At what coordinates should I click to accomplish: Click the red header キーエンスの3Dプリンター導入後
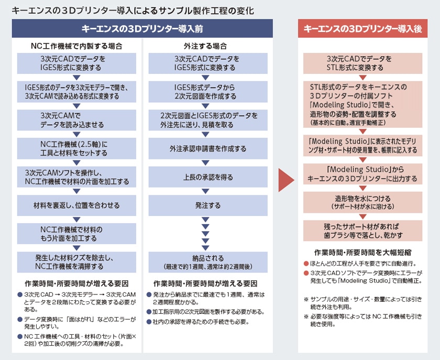[362, 28]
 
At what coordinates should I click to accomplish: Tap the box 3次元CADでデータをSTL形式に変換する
[362, 63]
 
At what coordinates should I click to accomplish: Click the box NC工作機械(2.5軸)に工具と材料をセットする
[76, 148]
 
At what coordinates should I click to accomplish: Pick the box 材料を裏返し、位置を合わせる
[76, 205]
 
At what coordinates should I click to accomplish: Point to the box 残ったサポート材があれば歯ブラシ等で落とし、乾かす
[362, 231]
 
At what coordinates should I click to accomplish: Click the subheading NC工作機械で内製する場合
[76, 46]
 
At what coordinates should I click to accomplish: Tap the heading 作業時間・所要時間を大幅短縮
[362, 252]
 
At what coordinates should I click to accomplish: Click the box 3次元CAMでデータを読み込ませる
[76, 120]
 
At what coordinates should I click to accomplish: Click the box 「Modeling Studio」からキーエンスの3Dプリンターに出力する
[362, 174]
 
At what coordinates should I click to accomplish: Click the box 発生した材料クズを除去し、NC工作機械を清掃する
[76, 261]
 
